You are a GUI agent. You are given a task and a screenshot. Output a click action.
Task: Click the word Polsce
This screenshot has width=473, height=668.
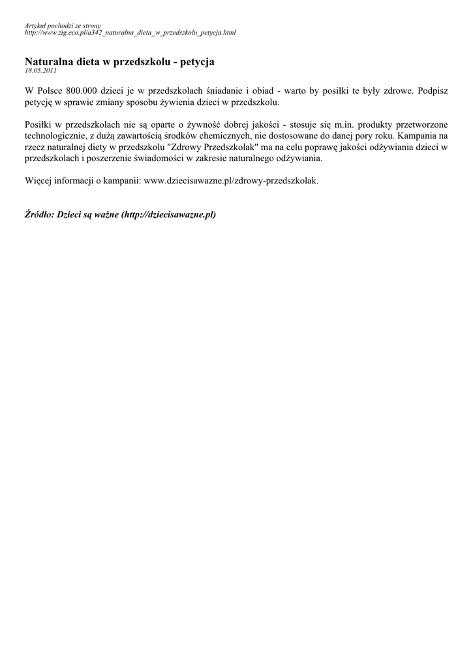tap(48, 91)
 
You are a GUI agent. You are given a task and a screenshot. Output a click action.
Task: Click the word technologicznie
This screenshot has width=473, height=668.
tap(55, 136)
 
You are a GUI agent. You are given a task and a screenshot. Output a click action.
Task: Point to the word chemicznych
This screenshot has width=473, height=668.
tap(224, 136)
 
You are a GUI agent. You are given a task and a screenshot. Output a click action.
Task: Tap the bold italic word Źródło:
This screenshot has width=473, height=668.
tap(39, 214)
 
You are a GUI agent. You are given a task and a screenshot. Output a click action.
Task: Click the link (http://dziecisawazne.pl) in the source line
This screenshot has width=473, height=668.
tap(168, 214)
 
